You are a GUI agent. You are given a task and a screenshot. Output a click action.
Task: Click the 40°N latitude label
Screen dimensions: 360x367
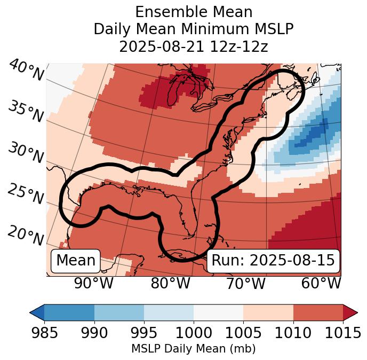(26, 71)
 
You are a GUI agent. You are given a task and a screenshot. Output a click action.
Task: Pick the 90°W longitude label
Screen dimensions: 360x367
(94, 284)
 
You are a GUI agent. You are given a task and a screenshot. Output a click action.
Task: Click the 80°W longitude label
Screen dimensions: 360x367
(170, 284)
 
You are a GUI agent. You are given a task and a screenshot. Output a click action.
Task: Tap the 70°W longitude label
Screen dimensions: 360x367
(246, 284)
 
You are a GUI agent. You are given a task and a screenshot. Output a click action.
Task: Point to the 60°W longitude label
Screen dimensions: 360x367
(321, 284)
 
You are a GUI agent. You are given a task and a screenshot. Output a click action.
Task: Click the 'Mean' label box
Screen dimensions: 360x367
(76, 261)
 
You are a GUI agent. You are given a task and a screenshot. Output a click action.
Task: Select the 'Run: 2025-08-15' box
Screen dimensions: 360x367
(273, 261)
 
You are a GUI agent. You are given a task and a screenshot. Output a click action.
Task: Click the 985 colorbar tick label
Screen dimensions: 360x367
(44, 333)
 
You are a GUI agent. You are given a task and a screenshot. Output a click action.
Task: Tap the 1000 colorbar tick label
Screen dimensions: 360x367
(193, 333)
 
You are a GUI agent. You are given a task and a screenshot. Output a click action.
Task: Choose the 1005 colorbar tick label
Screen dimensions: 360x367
(243, 333)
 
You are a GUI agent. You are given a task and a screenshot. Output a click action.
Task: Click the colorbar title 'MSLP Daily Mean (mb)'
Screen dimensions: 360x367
(193, 349)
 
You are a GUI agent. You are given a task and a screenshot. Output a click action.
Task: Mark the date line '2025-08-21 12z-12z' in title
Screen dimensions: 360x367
(193, 46)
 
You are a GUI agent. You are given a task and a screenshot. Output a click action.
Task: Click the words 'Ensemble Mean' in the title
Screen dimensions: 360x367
(193, 12)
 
